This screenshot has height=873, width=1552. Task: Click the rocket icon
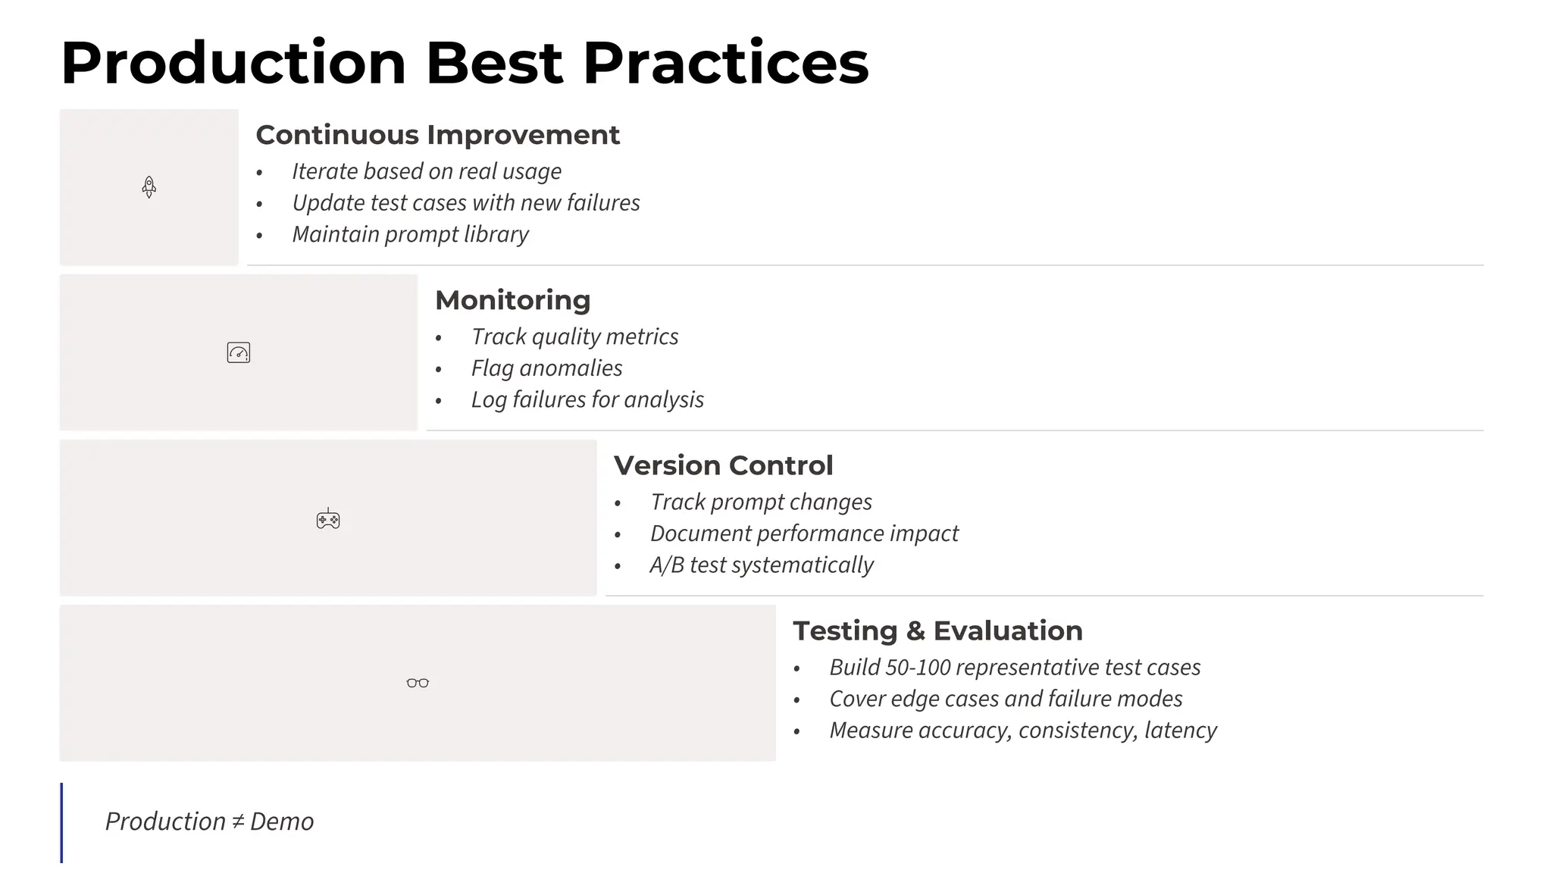point(149,186)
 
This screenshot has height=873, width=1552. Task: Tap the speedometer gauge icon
point(238,352)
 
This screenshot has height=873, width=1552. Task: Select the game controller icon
point(328,519)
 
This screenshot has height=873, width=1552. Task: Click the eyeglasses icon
point(418,683)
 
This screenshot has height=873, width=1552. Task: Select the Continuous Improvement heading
point(437,135)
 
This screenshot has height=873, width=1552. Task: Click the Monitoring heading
point(512,300)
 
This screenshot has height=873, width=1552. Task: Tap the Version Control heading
point(723,465)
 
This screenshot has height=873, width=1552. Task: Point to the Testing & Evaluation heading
point(937,630)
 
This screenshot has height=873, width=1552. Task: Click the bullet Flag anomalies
point(546,368)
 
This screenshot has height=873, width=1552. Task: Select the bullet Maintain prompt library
point(410,234)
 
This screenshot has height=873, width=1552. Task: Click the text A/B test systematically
point(761,565)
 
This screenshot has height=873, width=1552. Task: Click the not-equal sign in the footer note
point(238,821)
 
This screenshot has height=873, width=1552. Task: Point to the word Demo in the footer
point(281,821)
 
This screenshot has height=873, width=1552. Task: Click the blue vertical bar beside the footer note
point(61,822)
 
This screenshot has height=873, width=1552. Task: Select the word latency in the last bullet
point(1180,730)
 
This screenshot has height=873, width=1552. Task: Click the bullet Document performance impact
point(804,533)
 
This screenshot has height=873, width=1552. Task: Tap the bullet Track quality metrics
point(574,336)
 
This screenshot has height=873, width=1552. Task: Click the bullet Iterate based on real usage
point(427,171)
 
